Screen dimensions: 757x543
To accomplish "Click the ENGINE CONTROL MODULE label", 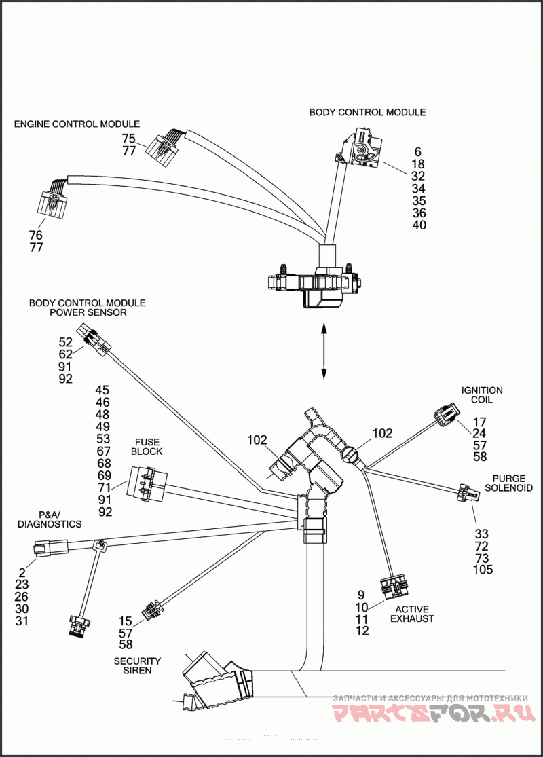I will [x=77, y=124].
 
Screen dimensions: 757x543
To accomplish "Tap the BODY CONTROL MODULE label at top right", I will [x=367, y=112].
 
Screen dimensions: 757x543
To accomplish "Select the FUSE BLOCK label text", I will [x=147, y=446].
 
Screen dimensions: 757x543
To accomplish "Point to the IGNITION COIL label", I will [x=482, y=395].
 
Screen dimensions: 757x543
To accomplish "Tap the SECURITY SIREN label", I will [x=137, y=665].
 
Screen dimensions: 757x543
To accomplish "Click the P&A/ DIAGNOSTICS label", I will [x=50, y=519].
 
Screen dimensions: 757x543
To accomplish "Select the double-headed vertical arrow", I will [x=324, y=351].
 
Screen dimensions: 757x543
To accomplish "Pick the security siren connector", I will [x=151, y=610].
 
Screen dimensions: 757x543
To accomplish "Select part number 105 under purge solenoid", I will [x=483, y=570].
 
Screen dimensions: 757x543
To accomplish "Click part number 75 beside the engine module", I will [x=129, y=139].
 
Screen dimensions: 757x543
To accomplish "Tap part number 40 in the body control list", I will [x=419, y=225].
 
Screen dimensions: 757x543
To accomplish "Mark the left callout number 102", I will [x=257, y=440].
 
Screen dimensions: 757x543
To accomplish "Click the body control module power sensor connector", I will [x=93, y=339].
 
